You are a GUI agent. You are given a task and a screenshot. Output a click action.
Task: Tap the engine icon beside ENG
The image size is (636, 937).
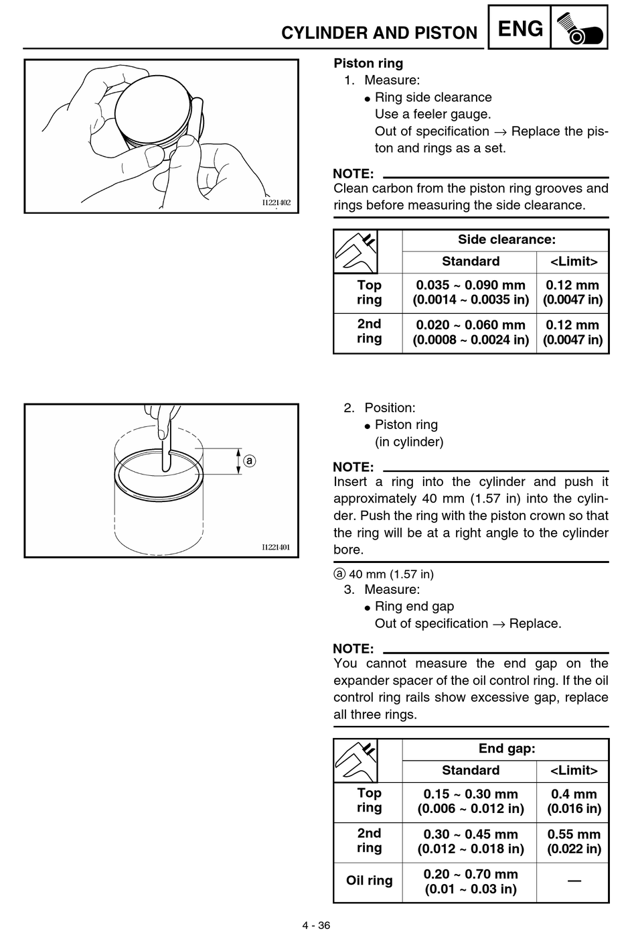[579, 27]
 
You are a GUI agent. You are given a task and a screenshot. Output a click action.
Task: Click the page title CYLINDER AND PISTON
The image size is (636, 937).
[379, 33]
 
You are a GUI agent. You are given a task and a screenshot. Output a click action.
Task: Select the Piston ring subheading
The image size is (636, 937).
[368, 63]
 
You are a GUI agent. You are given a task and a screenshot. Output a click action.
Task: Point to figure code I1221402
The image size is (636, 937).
[276, 202]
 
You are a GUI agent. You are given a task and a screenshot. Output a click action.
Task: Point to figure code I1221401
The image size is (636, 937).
[276, 547]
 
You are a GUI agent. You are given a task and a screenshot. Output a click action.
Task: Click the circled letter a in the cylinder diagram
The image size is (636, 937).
[250, 460]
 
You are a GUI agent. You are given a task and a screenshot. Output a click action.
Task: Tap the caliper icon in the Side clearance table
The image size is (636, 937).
[355, 251]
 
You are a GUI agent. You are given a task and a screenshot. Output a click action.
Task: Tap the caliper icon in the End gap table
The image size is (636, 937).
[355, 760]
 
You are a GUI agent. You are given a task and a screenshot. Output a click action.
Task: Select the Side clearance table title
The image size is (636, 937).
[507, 239]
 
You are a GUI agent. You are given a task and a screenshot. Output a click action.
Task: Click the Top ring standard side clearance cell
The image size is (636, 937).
[471, 292]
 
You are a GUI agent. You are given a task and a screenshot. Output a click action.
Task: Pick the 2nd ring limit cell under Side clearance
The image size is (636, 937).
[572, 332]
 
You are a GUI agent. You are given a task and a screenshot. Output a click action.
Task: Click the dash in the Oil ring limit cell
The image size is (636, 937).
[574, 881]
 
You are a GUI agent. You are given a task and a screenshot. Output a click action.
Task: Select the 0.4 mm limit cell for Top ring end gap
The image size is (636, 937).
[574, 801]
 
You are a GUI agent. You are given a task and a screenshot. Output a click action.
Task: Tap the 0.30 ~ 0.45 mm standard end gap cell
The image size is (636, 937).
[471, 841]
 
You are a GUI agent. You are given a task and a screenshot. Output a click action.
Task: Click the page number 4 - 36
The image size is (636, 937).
[316, 925]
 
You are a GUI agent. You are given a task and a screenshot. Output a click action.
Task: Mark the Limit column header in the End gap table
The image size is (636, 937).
[574, 770]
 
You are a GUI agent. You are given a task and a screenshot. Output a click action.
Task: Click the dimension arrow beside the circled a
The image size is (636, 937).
[238, 461]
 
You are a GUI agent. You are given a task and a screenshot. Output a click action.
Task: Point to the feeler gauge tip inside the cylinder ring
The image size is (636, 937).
[166, 469]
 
